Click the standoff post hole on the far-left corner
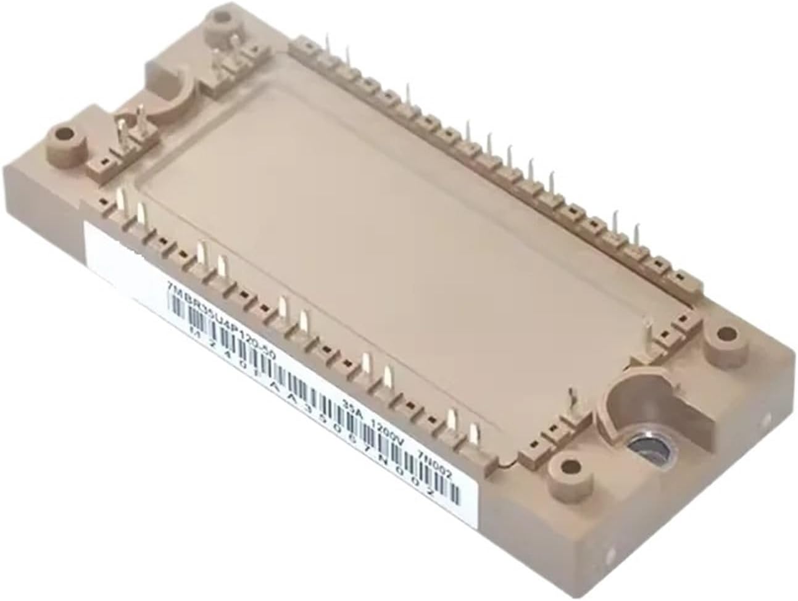[62, 132]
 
